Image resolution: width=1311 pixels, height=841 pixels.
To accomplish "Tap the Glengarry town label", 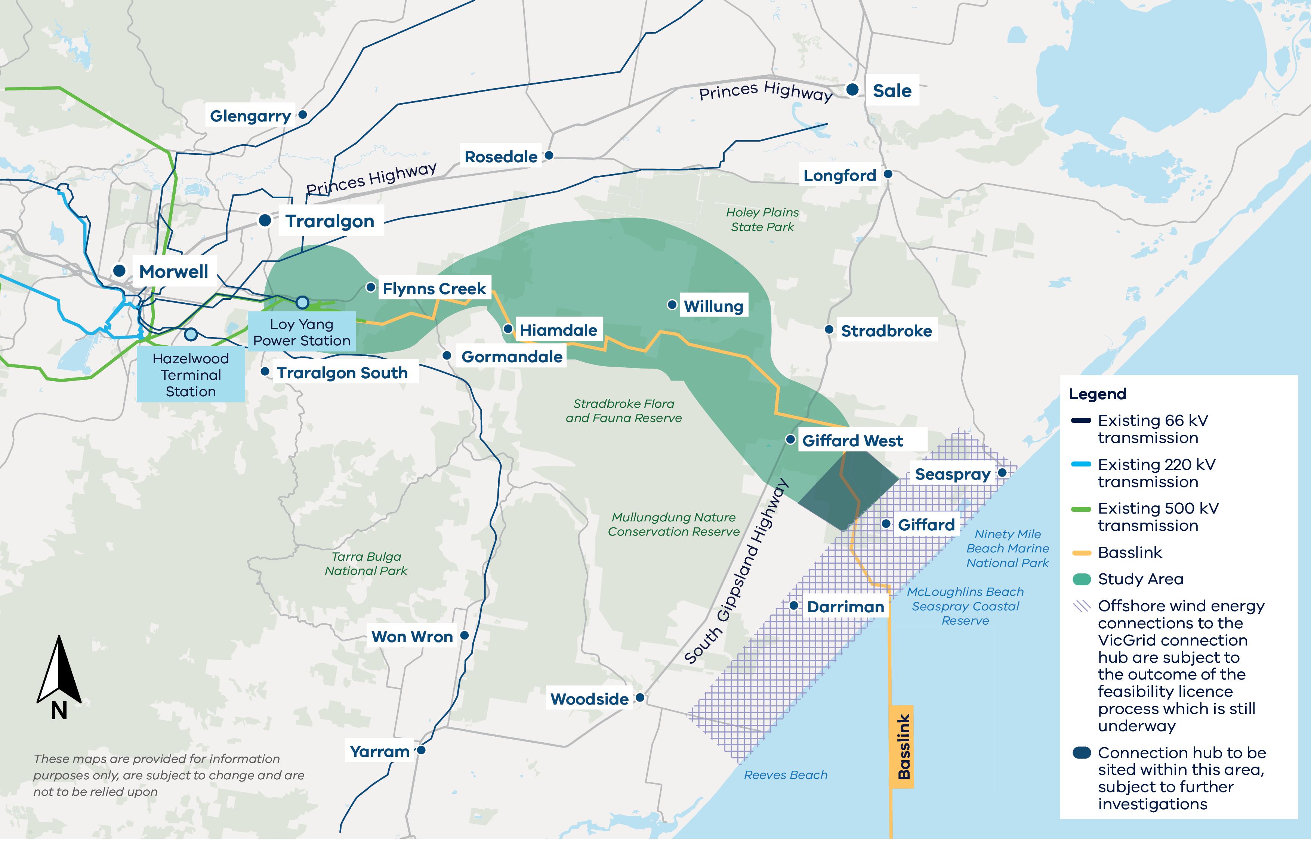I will pos(250,116).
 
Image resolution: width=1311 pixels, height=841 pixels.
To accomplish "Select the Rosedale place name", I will pos(501,157).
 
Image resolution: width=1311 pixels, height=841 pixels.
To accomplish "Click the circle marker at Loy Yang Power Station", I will pos(302,302).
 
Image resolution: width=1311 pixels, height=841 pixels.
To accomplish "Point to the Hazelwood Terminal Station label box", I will pos(191,375).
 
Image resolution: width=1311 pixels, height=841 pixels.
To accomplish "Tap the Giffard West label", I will pos(852,441).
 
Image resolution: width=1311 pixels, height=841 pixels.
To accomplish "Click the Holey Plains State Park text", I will pos(762,219).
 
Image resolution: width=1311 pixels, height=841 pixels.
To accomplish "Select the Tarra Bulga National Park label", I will pos(366,564).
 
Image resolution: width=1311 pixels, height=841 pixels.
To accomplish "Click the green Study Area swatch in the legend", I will pos(1082,579).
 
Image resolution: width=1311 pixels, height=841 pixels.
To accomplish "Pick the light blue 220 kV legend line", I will pos(1082,465).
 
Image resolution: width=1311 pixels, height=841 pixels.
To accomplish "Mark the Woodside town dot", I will pos(640,698).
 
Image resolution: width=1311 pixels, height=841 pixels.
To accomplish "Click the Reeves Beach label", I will pos(785,775).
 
